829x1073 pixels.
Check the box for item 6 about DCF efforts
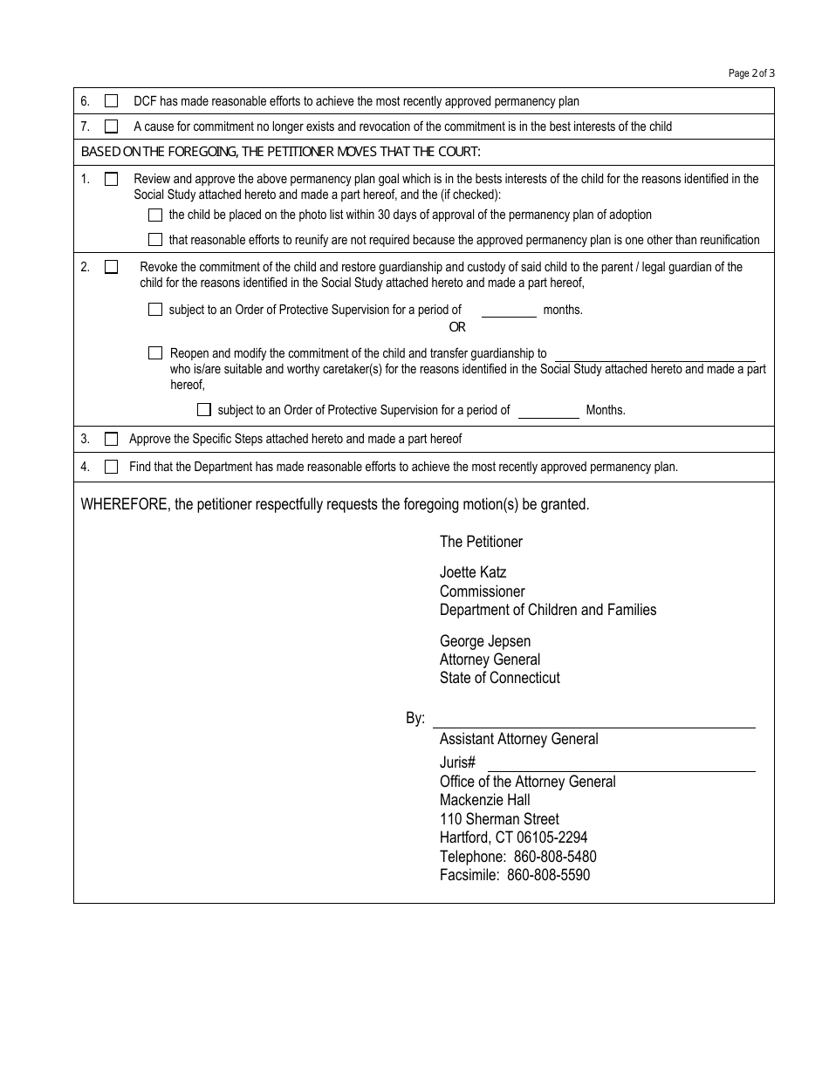[111, 101]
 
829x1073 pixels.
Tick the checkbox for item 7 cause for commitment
[111, 126]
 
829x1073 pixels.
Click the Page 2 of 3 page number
[751, 73]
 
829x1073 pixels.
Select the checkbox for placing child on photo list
[155, 215]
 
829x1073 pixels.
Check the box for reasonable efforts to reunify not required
[155, 240]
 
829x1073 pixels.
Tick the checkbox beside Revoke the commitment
[111, 267]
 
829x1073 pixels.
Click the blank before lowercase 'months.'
[509, 310]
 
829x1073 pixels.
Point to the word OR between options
[457, 327]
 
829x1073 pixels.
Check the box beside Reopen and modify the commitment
[155, 353]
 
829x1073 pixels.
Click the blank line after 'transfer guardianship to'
[654, 353]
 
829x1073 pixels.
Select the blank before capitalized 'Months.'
[548, 410]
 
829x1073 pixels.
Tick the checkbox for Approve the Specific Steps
[111, 439]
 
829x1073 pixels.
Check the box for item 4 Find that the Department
[111, 467]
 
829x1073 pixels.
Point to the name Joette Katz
[473, 572]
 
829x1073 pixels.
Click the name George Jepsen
[485, 641]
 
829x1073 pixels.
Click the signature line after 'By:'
[597, 719]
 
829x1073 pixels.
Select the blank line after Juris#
[614, 762]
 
